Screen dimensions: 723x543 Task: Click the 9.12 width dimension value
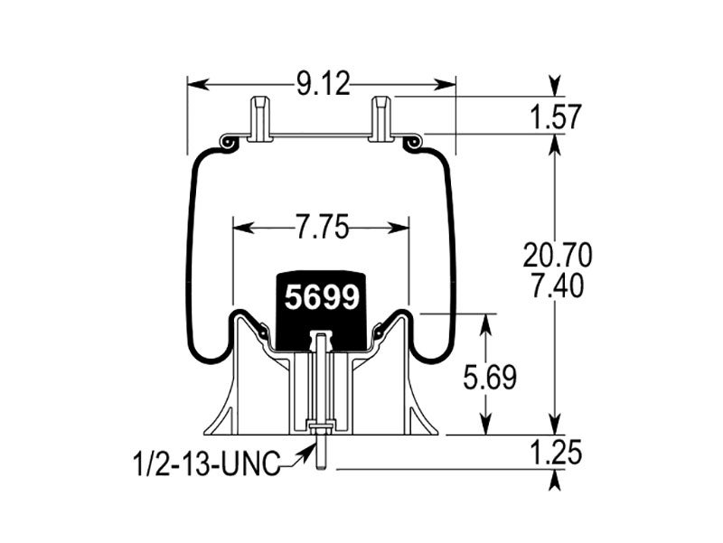(x=323, y=84)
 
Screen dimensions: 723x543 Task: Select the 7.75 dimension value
(x=322, y=228)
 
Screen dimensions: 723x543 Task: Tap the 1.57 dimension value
(x=556, y=117)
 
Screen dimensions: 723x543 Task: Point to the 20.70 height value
(x=558, y=256)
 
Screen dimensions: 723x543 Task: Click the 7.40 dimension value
(x=558, y=286)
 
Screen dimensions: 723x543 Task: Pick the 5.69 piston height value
(x=490, y=378)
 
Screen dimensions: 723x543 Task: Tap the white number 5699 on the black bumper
(x=322, y=297)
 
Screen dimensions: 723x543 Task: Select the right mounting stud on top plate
(x=380, y=118)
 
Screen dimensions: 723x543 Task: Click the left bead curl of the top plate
(x=229, y=143)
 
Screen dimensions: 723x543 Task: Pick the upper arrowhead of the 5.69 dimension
(x=485, y=325)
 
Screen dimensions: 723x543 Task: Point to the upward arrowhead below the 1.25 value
(x=556, y=481)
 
